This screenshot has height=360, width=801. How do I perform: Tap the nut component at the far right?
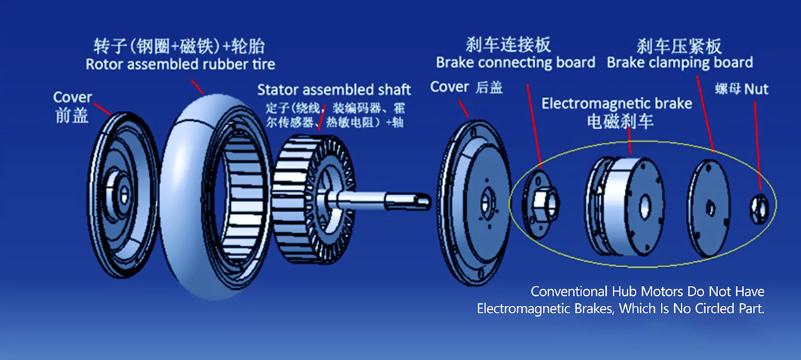pos(759,208)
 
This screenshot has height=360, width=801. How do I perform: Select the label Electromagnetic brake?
pos(617,104)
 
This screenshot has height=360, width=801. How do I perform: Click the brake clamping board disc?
pos(709,208)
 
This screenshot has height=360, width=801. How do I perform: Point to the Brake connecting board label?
pos(515,63)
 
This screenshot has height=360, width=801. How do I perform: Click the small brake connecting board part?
pos(541,204)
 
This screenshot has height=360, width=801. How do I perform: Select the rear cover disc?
pos(473,202)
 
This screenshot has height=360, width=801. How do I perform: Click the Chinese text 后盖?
pos(489,87)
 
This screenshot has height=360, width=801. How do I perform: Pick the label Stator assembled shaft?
pos(334,89)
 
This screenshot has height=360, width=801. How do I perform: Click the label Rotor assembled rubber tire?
pos(180,64)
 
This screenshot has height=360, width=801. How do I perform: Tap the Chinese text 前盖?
pos(72,116)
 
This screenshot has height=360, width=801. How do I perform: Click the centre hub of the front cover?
pos(122,195)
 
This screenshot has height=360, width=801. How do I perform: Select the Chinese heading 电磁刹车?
pos(620,122)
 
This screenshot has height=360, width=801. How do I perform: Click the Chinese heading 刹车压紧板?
pos(679,46)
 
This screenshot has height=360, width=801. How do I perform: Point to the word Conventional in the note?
pos(569,292)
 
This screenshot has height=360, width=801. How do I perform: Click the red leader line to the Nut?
pos(757,146)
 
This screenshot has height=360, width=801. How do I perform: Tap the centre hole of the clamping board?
pos(710,208)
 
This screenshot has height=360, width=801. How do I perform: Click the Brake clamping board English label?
pos(680,63)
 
